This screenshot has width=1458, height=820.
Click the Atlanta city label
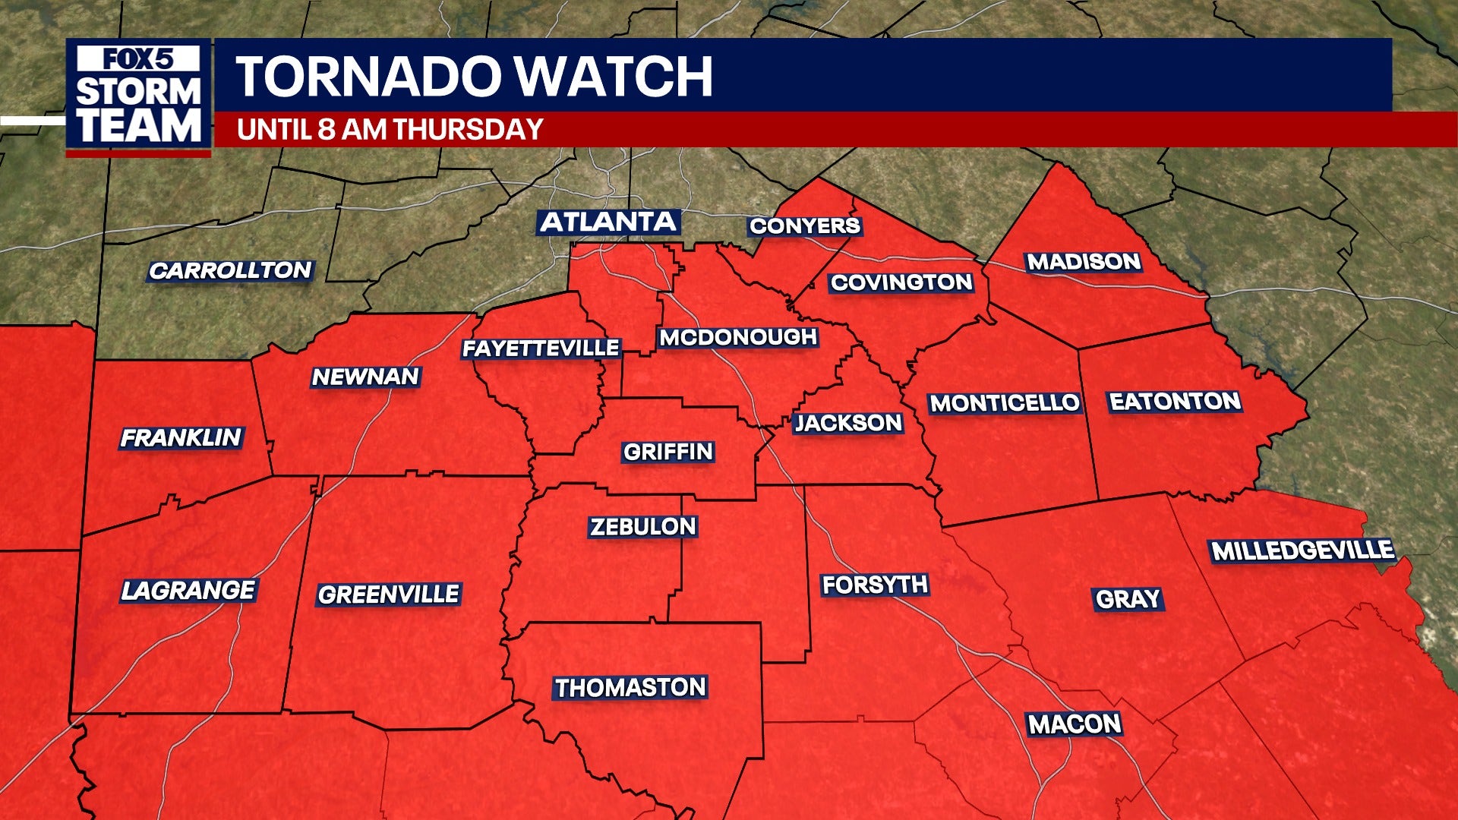tap(608, 222)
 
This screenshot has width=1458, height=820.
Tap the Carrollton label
tap(230, 270)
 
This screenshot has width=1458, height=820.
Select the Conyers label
tap(804, 225)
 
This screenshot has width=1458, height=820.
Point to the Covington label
tap(901, 282)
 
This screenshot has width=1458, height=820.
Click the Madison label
tap(1084, 262)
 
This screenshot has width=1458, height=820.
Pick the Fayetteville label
tap(541, 348)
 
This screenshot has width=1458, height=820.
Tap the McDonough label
tap(738, 337)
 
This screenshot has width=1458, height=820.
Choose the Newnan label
tap(365, 377)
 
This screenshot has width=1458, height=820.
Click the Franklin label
tap(181, 437)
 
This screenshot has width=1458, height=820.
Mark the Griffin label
tap(668, 452)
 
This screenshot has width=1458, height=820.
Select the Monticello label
tap(1005, 402)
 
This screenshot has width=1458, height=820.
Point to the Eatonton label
tap(1175, 401)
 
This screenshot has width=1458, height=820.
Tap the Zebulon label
tap(643, 526)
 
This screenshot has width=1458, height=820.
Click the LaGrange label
tap(188, 590)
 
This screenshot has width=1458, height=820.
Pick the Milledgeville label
tap(1302, 550)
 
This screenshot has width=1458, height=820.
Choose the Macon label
tap(1075, 724)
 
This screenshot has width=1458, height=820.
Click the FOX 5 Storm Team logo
tap(138, 96)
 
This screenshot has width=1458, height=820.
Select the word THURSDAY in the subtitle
tap(468, 129)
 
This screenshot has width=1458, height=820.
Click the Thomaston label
tap(630, 687)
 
